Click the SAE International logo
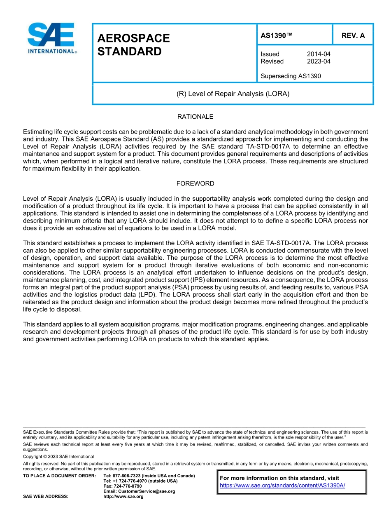click(51, 38)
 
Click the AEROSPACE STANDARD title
click(133, 45)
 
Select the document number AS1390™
click(277, 35)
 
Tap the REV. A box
click(353, 35)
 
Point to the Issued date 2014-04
click(318, 54)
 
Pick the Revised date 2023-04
click(318, 61)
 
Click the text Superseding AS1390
click(291, 76)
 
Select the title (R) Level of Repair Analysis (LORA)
click(233, 94)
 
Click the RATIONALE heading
click(195, 117)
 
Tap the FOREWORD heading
click(195, 183)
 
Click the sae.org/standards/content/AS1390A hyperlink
click(282, 486)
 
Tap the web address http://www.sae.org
click(123, 497)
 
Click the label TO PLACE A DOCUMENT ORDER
click(59, 476)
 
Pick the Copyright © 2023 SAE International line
click(58, 457)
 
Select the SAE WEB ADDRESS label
click(46, 497)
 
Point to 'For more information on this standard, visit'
click(279, 478)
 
